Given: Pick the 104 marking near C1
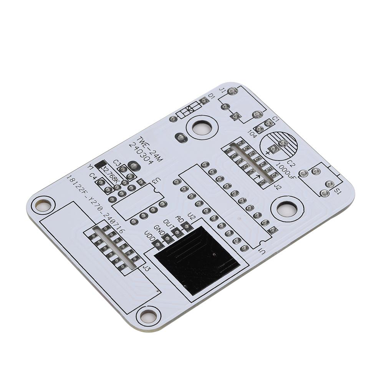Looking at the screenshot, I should pyautogui.click(x=252, y=134).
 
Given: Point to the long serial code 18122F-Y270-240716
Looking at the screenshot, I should pyautogui.click(x=94, y=205).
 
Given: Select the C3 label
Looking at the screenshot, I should pyautogui.click(x=118, y=164).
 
